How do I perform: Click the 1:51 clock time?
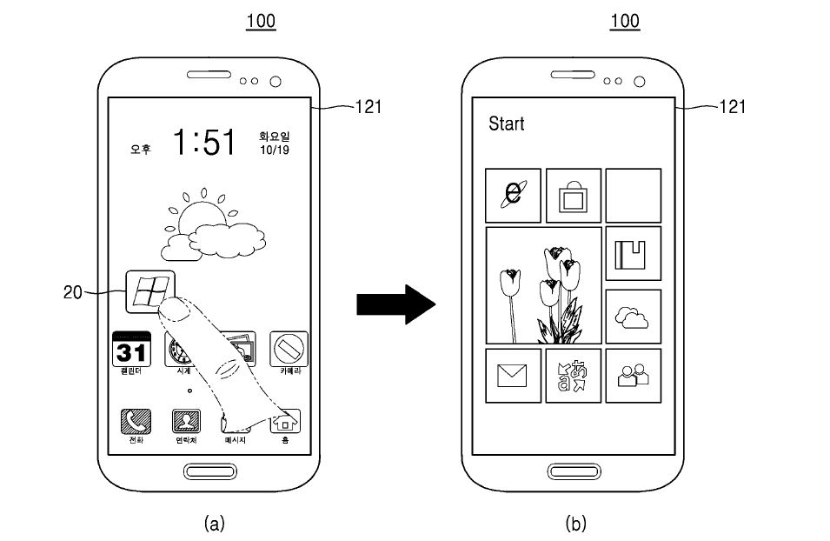click(x=204, y=142)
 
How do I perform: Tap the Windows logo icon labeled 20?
click(x=149, y=291)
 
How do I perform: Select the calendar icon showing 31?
click(x=131, y=351)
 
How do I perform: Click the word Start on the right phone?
click(x=507, y=124)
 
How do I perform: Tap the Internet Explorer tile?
click(x=513, y=195)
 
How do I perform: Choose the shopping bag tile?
click(x=573, y=196)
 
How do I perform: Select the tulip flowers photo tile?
click(x=542, y=285)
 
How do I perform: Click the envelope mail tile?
click(x=513, y=376)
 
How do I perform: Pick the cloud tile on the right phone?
click(x=633, y=317)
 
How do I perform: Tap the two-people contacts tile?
click(x=633, y=376)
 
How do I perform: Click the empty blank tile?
click(x=633, y=195)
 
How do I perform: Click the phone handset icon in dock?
click(x=135, y=422)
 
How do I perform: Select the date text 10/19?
click(x=274, y=150)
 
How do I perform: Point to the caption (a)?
click(x=213, y=523)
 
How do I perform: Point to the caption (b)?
click(x=575, y=523)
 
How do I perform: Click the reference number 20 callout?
click(x=73, y=292)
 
